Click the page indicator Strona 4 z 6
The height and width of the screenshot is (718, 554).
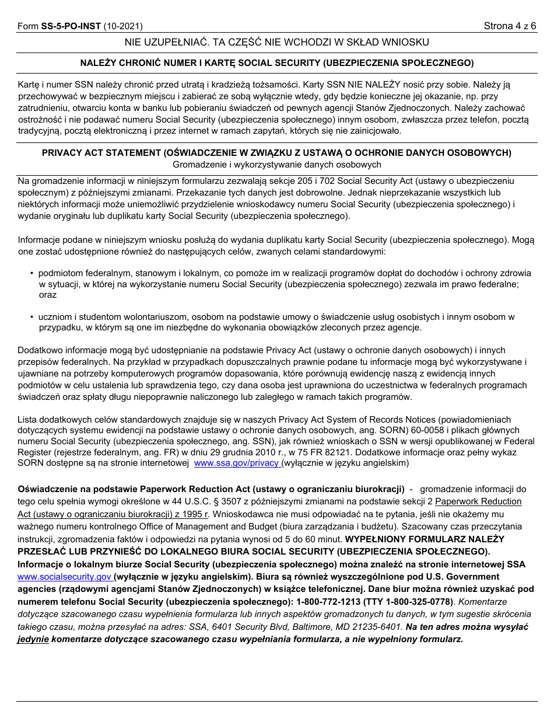(510, 26)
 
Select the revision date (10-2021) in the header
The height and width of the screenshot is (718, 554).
(123, 26)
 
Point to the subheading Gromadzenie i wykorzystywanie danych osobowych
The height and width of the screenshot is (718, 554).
(276, 165)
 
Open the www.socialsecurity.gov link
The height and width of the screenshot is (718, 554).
(64, 576)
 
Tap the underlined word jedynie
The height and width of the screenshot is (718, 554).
(33, 639)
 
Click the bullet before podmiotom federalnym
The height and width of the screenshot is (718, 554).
(32, 273)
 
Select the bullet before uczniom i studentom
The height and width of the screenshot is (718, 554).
(32, 317)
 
